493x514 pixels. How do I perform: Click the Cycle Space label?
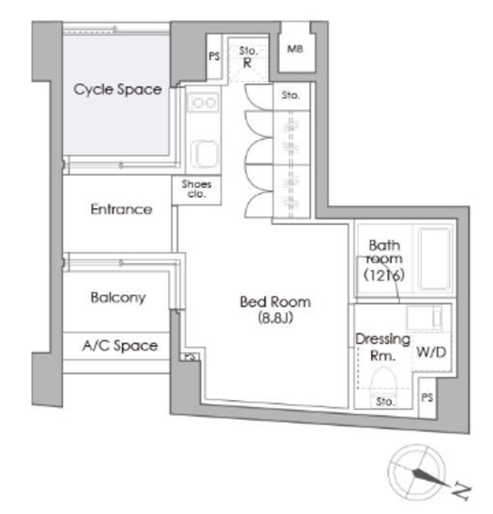[117, 89]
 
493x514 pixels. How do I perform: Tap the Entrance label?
[121, 209]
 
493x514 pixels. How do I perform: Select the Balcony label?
[118, 297]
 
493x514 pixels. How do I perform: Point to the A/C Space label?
[120, 345]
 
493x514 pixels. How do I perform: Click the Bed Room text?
[275, 302]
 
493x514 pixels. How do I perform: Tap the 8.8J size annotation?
[275, 317]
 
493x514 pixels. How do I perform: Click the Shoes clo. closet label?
[197, 189]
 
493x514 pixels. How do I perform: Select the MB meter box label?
[295, 49]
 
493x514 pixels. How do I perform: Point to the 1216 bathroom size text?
[384, 275]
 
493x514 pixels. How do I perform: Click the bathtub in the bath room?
[434, 259]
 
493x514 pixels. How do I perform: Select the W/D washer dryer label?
[431, 353]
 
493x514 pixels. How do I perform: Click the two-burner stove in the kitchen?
[203, 103]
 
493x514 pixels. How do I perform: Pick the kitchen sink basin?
[205, 153]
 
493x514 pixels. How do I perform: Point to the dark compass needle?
[430, 477]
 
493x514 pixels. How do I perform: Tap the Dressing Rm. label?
[382, 347]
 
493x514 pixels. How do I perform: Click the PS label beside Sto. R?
[214, 56]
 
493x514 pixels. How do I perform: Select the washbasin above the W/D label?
[424, 318]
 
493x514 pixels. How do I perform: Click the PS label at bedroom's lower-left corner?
[190, 357]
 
